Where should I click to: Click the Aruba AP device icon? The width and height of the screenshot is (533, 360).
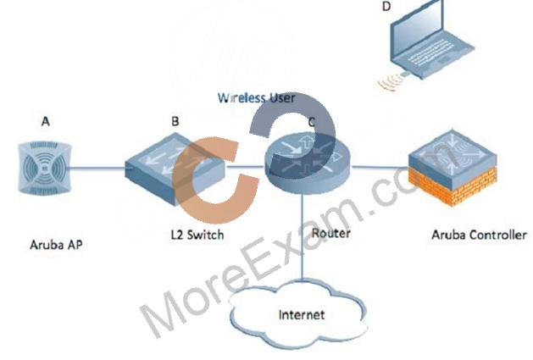click(x=45, y=169)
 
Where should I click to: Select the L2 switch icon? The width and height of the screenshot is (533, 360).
click(x=175, y=169)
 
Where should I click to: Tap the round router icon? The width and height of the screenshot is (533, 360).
click(x=308, y=163)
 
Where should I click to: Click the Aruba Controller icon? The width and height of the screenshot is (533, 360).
click(x=452, y=168)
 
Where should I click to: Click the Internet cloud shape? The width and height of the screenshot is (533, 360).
click(x=298, y=313)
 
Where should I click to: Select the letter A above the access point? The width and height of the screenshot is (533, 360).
click(x=46, y=121)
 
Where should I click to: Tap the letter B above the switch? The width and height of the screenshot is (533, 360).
click(x=175, y=121)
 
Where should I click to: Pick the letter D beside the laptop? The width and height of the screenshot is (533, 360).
click(x=386, y=6)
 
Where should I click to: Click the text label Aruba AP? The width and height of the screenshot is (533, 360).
click(x=56, y=245)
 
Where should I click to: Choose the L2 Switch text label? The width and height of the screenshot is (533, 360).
click(x=197, y=235)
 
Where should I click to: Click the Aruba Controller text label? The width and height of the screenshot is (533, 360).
click(x=480, y=235)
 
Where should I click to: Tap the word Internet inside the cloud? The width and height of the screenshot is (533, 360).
click(x=302, y=315)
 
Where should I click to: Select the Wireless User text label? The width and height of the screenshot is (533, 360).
click(x=256, y=98)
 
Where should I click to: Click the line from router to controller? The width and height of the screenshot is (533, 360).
click(x=380, y=167)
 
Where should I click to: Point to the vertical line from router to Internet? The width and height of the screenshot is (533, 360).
click(x=302, y=237)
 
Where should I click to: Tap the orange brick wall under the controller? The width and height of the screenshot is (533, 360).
click(x=452, y=186)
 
